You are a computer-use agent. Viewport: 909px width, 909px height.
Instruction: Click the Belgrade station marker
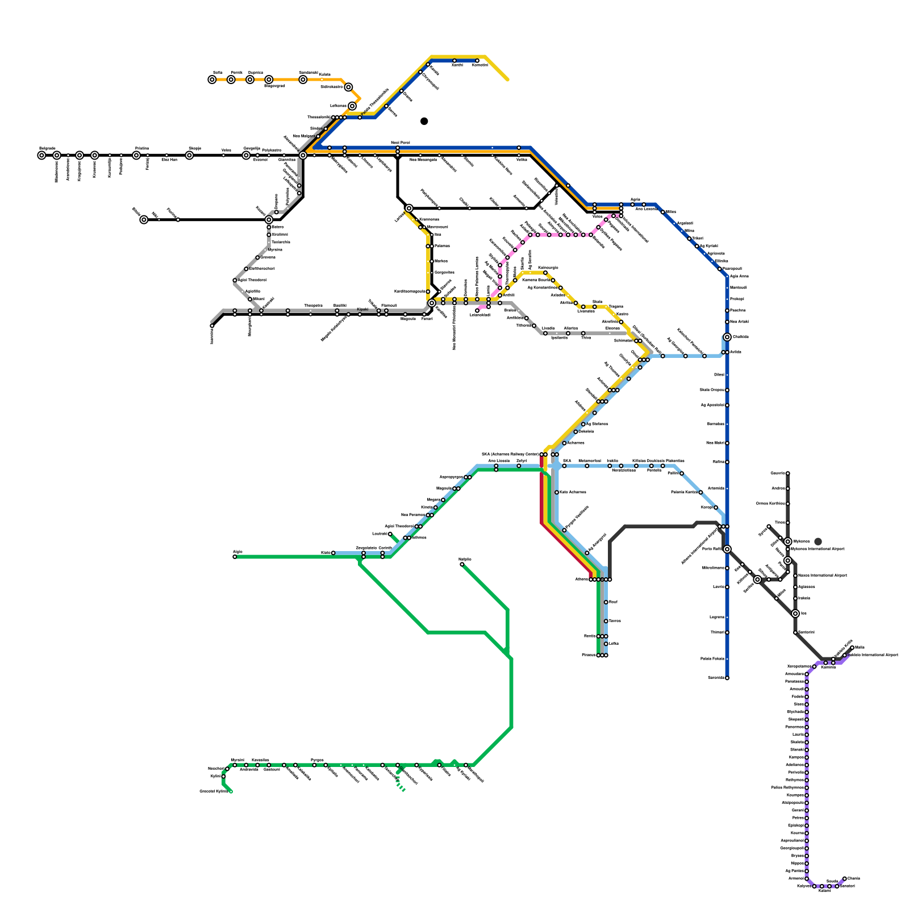(41, 155)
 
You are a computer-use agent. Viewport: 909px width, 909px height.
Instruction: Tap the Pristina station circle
(136, 155)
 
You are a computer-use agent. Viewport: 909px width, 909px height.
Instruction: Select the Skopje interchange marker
(189, 155)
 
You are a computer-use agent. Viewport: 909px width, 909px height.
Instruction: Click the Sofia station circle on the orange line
(212, 80)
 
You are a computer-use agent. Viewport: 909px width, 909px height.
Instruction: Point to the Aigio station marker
(235, 557)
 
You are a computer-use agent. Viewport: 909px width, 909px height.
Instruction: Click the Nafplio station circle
(462, 564)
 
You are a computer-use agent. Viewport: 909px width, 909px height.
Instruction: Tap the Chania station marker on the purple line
(845, 878)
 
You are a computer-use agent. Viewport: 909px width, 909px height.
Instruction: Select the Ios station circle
(795, 614)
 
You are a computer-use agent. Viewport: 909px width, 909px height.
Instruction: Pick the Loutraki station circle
(390, 534)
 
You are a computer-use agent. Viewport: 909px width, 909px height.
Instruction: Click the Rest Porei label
(400, 143)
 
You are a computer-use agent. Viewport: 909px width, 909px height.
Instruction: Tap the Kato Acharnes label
(573, 492)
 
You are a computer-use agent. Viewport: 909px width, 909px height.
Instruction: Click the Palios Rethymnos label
(787, 787)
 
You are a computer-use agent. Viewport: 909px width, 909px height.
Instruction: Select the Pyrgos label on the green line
(317, 760)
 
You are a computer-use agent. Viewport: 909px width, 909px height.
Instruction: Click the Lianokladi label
(479, 315)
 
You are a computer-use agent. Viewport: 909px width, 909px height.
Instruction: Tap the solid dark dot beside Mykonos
(818, 541)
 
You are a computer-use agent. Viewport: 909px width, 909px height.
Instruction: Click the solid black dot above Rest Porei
(424, 121)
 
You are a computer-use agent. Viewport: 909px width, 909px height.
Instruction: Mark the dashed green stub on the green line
(401, 787)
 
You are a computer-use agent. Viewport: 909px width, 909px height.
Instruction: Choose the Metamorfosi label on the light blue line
(589, 461)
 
